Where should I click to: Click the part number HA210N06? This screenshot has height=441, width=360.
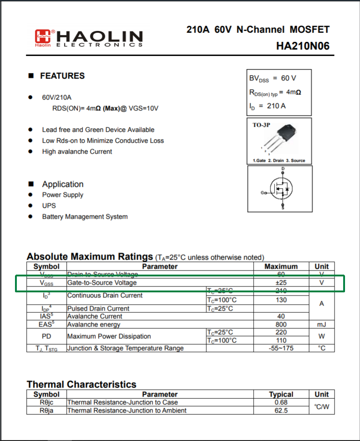click(x=302, y=46)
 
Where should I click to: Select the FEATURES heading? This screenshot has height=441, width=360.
click(x=62, y=76)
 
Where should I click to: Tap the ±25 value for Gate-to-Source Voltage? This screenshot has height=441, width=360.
click(x=281, y=283)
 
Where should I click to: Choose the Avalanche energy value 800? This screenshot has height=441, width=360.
click(x=281, y=325)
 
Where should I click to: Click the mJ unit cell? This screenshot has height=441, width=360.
click(x=321, y=325)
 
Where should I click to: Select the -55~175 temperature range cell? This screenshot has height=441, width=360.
click(x=281, y=348)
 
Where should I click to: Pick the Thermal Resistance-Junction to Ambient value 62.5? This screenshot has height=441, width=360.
click(x=281, y=411)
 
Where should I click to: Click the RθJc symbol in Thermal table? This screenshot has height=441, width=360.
click(x=46, y=402)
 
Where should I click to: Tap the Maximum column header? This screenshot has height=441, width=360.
click(x=281, y=266)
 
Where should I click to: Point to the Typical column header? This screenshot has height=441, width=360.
click(x=281, y=394)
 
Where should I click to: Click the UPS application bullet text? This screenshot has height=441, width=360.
click(x=49, y=205)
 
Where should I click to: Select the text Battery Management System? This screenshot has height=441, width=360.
click(x=85, y=217)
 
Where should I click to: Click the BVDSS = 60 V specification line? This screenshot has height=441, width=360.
click(x=273, y=79)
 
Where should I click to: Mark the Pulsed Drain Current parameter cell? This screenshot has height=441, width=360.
click(x=98, y=309)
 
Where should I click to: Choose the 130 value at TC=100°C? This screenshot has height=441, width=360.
click(x=281, y=300)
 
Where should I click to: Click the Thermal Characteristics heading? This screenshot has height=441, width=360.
click(x=81, y=385)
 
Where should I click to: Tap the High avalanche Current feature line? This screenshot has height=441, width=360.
click(x=77, y=151)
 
